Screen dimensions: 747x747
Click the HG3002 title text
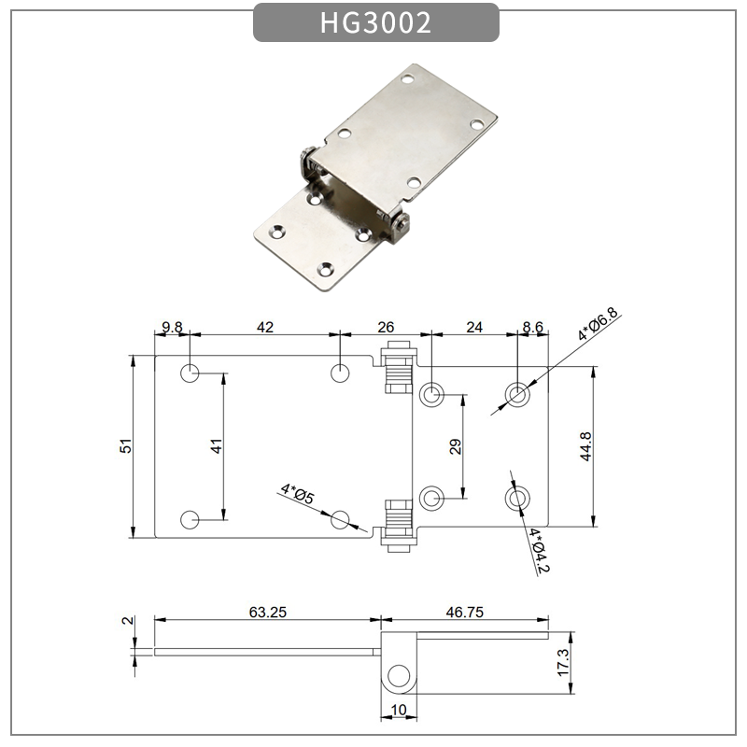pyautogui.click(x=375, y=23)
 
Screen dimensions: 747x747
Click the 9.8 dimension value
pyautogui.click(x=172, y=327)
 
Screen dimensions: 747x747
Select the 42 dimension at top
pyautogui.click(x=265, y=327)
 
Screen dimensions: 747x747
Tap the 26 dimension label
pyautogui.click(x=386, y=327)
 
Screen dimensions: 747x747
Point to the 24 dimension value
pyautogui.click(x=474, y=327)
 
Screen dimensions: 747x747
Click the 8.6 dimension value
pyautogui.click(x=532, y=327)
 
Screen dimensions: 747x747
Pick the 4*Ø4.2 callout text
pyautogui.click(x=535, y=550)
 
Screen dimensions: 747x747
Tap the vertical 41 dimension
pyautogui.click(x=216, y=446)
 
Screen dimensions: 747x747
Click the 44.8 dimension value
pyautogui.click(x=585, y=446)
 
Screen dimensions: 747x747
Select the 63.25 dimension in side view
pyautogui.click(x=267, y=613)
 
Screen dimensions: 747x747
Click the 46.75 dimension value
pyautogui.click(x=463, y=613)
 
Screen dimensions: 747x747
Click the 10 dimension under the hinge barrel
pyautogui.click(x=399, y=711)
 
